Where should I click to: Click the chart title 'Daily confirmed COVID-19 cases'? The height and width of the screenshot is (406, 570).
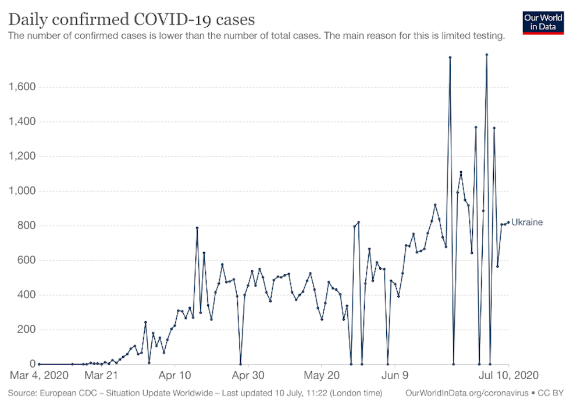pos(131,19)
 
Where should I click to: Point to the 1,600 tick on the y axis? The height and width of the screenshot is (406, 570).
pos(22,87)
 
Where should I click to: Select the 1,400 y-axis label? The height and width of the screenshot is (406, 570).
pos(22,122)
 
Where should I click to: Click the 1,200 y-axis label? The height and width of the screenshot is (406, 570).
pos(22,157)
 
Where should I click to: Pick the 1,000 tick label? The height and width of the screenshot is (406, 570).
pos(22,191)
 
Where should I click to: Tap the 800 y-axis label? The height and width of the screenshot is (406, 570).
pos(26,226)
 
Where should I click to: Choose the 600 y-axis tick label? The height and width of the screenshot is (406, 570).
pos(26,260)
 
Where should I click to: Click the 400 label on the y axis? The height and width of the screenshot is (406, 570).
pos(26,295)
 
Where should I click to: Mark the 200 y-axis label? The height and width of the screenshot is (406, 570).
pos(26,330)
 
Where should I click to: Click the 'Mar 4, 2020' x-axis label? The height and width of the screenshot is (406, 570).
pos(40,375)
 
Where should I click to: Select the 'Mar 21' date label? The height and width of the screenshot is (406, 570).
pos(102,375)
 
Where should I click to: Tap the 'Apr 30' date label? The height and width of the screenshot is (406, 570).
pos(248,375)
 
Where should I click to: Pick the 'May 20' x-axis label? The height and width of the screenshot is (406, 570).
pos(322,375)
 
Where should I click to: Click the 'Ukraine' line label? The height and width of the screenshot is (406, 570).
pos(527,222)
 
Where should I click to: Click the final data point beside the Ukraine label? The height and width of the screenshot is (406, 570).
pos(508,222)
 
